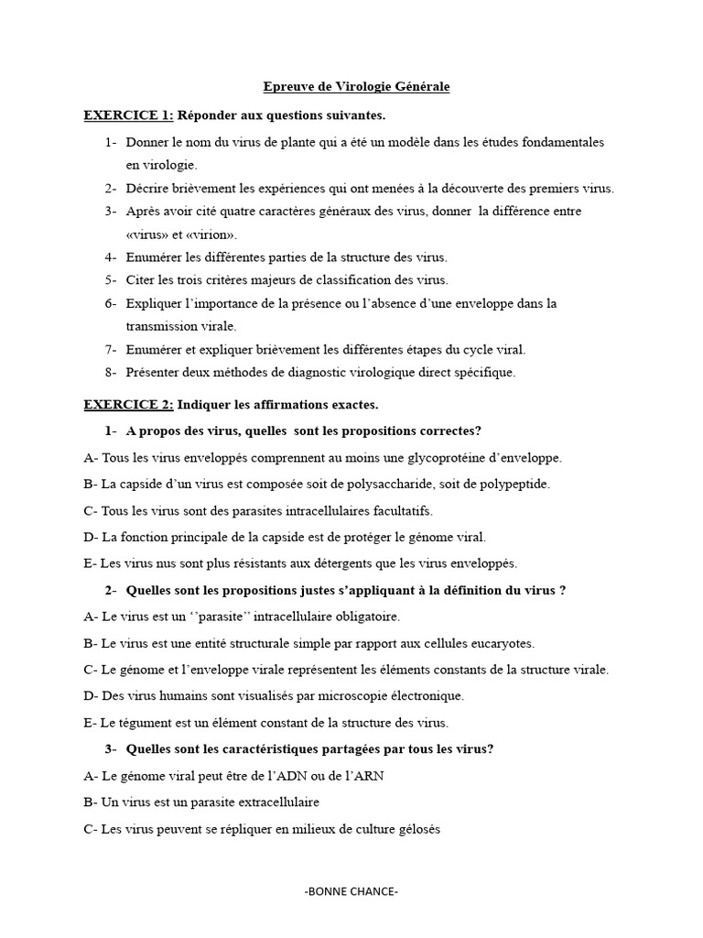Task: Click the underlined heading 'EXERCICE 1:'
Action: pyautogui.click(x=128, y=115)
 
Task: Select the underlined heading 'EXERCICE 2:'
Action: pyautogui.click(x=128, y=404)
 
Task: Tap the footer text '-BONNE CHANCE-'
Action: pyautogui.click(x=351, y=891)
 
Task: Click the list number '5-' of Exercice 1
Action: pyautogui.click(x=111, y=280)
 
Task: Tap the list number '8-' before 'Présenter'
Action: pyautogui.click(x=111, y=372)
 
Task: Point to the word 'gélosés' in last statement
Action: pyautogui.click(x=418, y=829)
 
